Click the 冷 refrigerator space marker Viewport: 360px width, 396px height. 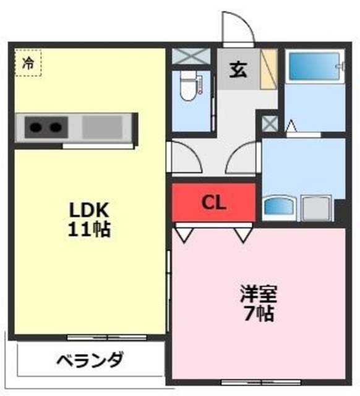tap(28, 63)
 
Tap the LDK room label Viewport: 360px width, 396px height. tap(89, 210)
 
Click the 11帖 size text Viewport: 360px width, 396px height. tap(89, 229)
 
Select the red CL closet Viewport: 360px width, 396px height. tap(214, 202)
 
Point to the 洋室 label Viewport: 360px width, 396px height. tap(259, 294)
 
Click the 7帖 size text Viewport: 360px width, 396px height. tap(259, 313)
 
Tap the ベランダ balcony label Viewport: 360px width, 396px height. tap(90, 359)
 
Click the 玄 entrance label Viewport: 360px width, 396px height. tap(238, 69)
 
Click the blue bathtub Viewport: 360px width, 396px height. tap(314, 66)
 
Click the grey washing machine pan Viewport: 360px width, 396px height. tap(316, 208)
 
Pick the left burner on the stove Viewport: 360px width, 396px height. tap(36, 127)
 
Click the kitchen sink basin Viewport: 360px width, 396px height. tap(103, 127)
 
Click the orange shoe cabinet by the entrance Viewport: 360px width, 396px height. tap(269, 69)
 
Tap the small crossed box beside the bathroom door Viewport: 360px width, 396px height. tap(270, 124)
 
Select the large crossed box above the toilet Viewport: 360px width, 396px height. tap(191, 56)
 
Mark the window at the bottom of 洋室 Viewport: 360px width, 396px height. tap(262, 382)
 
